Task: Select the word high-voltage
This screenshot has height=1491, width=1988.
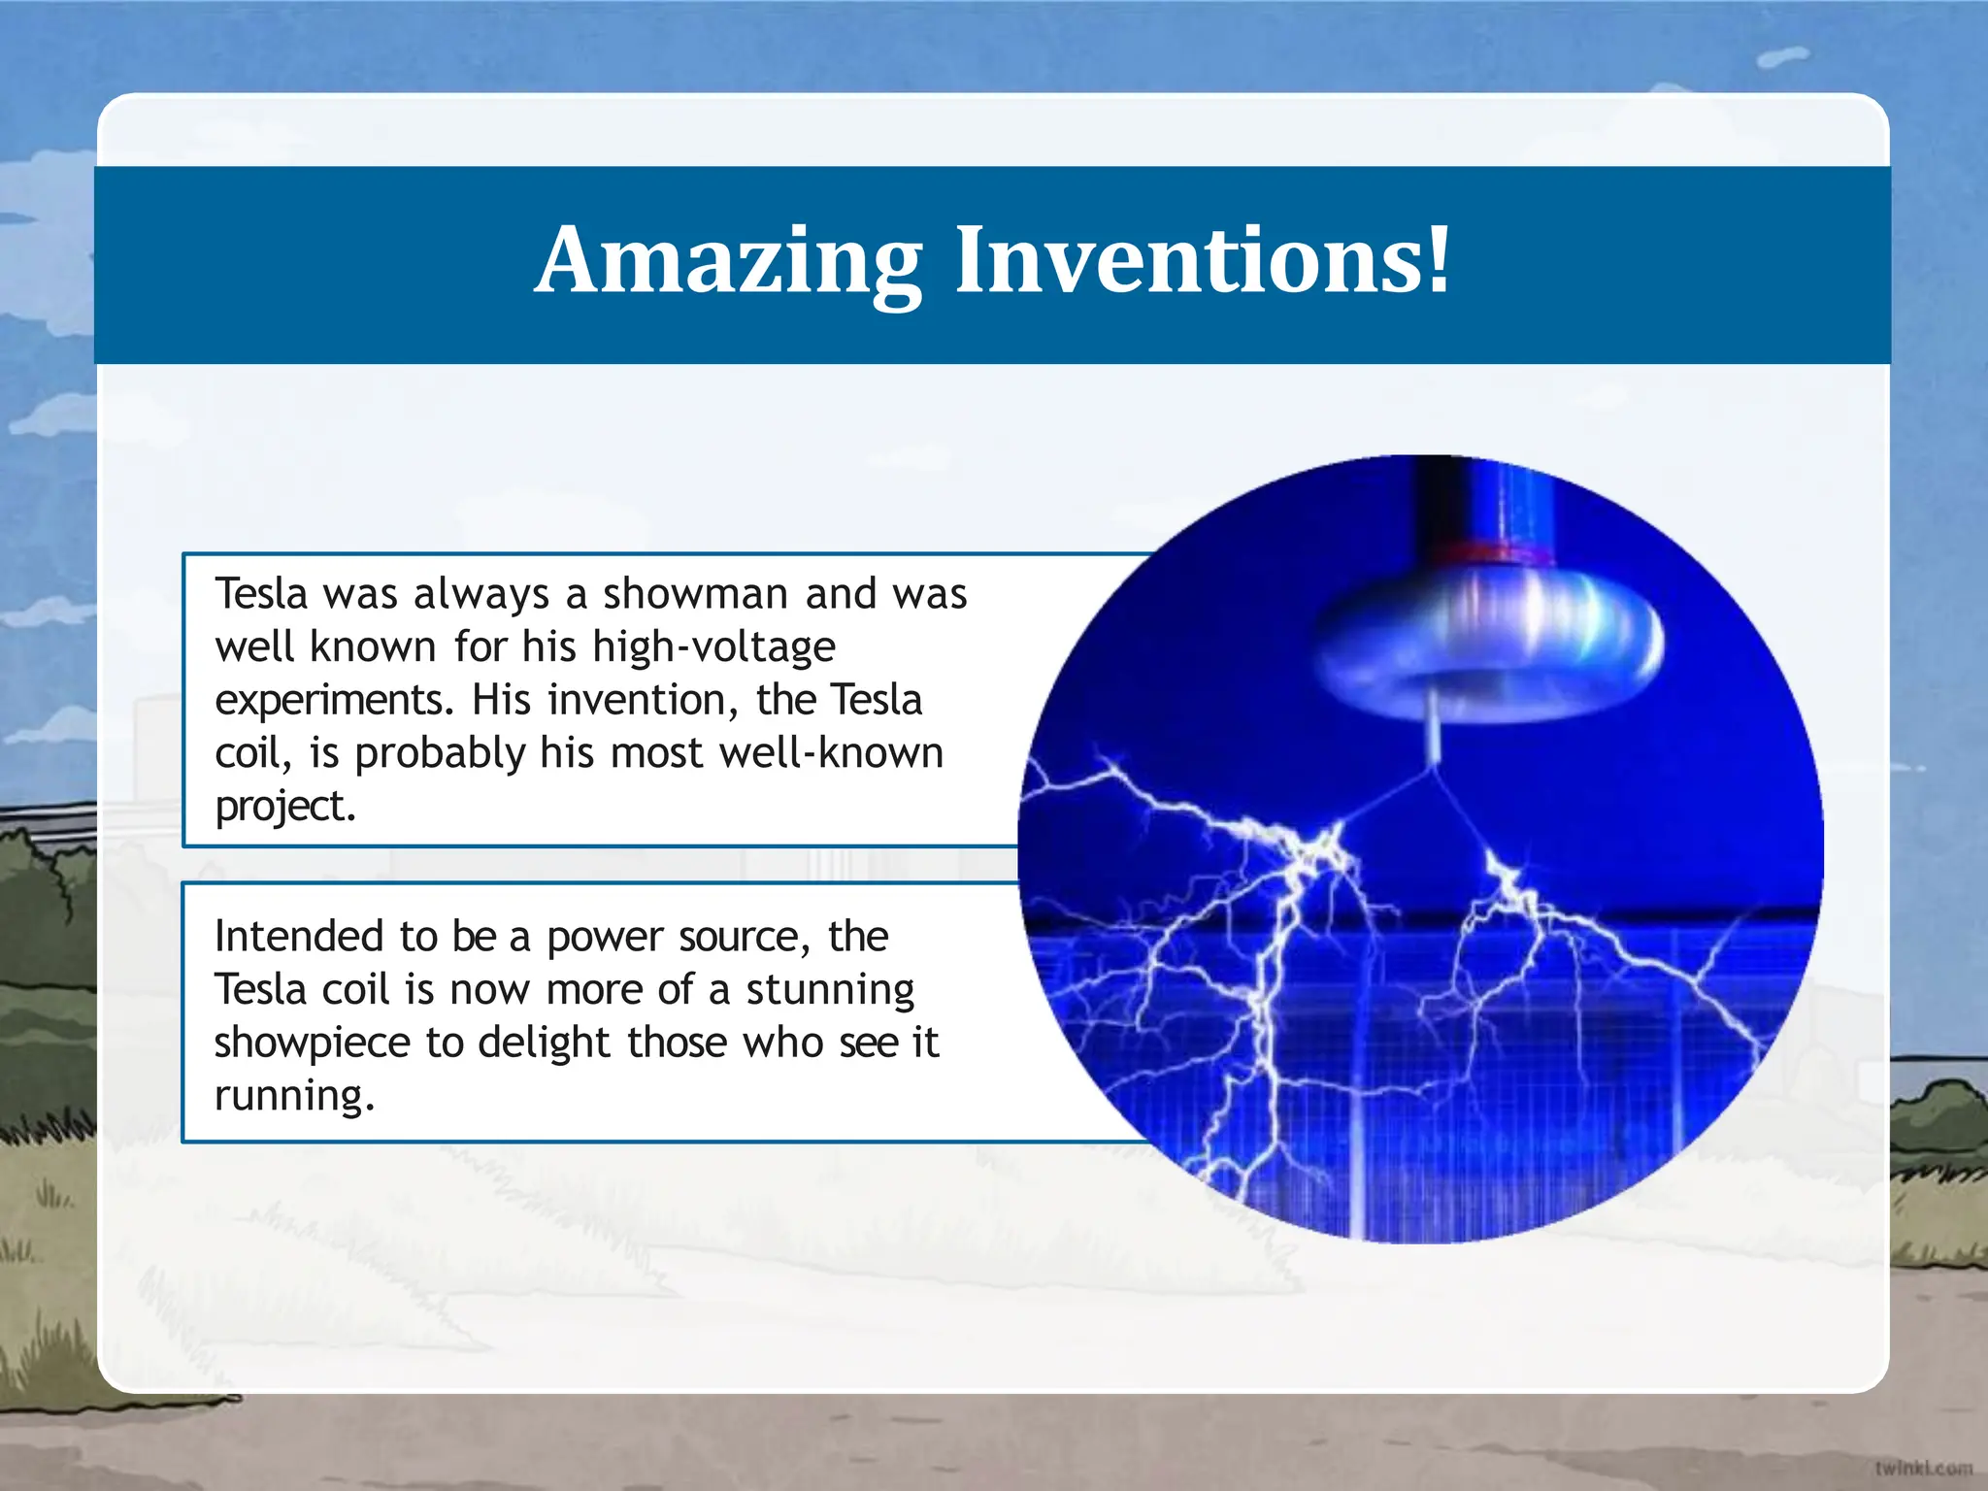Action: pyautogui.click(x=713, y=646)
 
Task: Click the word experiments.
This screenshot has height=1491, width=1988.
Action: pyautogui.click(x=334, y=701)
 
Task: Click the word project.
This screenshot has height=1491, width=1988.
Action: pyautogui.click(x=284, y=807)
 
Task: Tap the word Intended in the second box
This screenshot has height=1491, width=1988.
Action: pyautogui.click(x=299, y=937)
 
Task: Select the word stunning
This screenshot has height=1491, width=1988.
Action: pyautogui.click(x=830, y=990)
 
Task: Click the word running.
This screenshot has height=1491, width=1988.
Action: pyautogui.click(x=293, y=1096)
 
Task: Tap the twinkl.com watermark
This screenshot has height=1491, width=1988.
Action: pyautogui.click(x=1923, y=1468)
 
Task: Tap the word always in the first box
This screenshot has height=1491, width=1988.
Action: pyautogui.click(x=480, y=594)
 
